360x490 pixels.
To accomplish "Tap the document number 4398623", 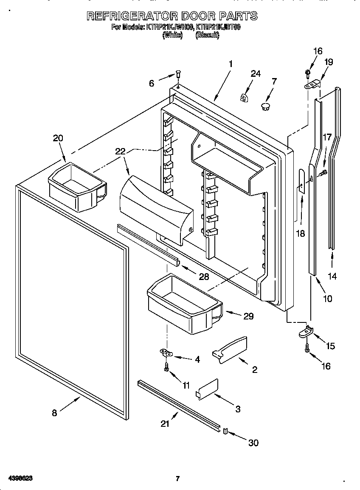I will click(19, 479).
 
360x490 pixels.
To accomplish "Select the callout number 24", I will click(255, 73).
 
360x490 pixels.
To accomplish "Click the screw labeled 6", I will click(178, 76).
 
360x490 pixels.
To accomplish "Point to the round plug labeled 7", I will click(266, 106).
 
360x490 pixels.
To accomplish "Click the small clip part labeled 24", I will click(244, 98).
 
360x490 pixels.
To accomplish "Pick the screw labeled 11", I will click(167, 367).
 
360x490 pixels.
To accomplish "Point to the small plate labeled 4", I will click(166, 352).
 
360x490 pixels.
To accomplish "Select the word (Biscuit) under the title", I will click(207, 36).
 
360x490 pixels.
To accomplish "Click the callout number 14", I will click(332, 276).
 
